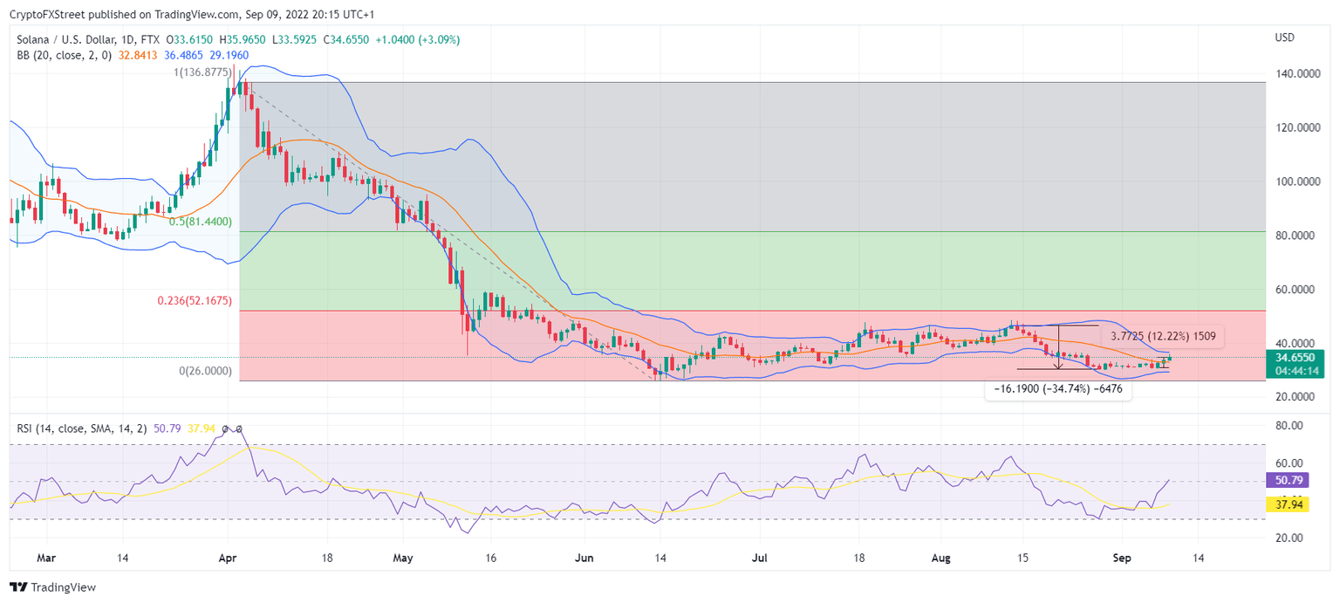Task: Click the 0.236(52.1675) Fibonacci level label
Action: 194,301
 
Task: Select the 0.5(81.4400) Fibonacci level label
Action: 200,222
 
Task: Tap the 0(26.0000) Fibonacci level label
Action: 205,371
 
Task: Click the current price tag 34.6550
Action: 1295,358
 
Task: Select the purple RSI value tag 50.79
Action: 1286,480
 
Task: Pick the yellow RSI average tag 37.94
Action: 1286,504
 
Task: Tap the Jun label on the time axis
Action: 585,558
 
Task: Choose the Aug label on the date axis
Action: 940,558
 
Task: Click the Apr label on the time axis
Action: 229,558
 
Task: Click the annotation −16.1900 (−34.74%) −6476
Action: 1058,391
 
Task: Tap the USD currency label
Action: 1284,38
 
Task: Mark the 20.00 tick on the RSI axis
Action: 1288,538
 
